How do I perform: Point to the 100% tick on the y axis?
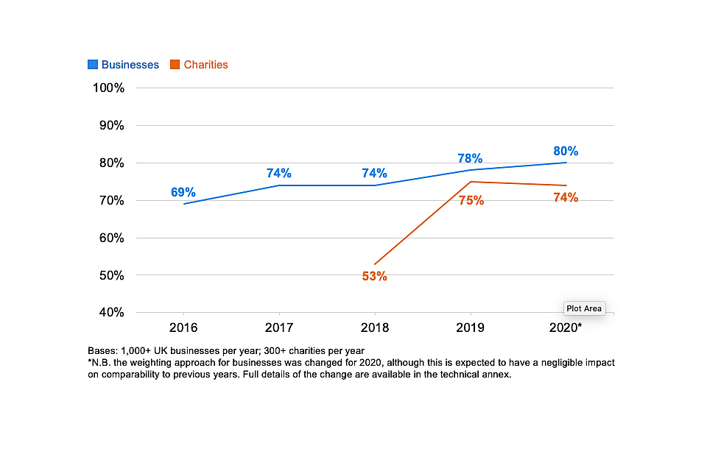(108, 88)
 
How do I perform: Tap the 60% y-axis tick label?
(108, 238)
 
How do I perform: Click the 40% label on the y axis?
(108, 313)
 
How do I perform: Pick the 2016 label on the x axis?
(183, 327)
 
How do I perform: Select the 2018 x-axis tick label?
(374, 327)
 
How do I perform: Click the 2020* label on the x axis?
(566, 327)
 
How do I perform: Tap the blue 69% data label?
(183, 192)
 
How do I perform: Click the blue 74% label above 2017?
(279, 174)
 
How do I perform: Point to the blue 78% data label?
(470, 158)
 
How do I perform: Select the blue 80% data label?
(566, 151)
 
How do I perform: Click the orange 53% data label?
(374, 277)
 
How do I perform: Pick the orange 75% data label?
(471, 200)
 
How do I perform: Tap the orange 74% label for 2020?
(566, 197)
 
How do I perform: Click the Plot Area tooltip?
(583, 308)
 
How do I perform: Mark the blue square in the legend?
(93, 65)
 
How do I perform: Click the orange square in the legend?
(175, 65)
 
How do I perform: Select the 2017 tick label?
(278, 327)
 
